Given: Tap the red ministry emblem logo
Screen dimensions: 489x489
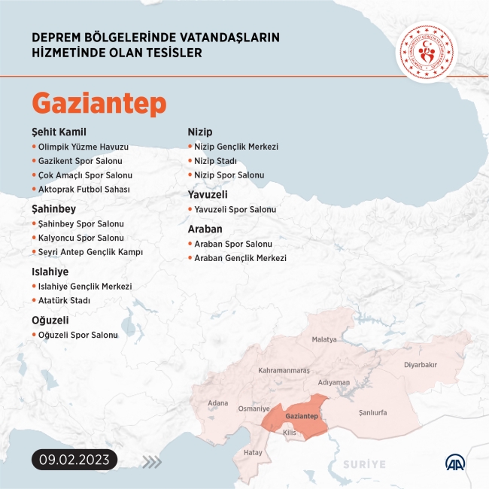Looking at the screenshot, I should pos(427,50).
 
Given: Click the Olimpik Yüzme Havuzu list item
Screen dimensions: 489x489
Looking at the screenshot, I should pos(83,147).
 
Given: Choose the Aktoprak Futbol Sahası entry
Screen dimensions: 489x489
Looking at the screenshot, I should pos(84,189).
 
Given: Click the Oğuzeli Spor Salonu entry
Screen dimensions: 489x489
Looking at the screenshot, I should pos(77,335).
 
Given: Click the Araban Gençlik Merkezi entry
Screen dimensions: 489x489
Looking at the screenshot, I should pos(240,258).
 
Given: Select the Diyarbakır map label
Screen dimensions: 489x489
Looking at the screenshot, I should pos(420,364).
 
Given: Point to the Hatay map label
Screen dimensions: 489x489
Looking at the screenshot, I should pos(253,453).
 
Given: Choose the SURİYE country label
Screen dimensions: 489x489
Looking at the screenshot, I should pos(365,464).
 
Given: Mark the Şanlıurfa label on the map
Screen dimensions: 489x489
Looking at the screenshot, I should pos(368,412).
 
